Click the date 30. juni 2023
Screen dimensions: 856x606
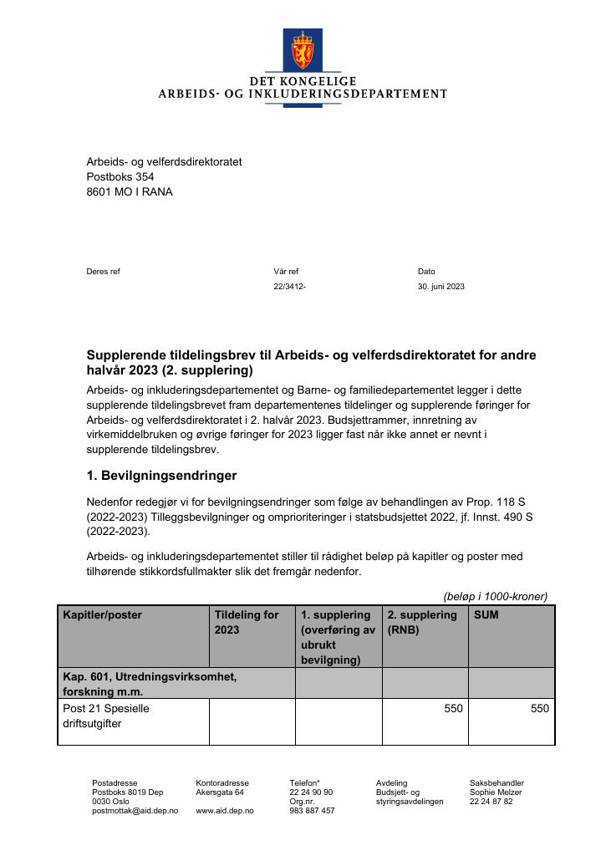pos(440,287)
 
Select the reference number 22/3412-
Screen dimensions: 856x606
pos(289,287)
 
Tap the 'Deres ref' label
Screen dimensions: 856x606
pos(103,272)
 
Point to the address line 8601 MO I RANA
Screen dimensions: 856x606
pos(130,192)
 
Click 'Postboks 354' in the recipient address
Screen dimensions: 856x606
pos(120,177)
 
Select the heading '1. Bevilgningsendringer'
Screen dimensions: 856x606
pos(161,476)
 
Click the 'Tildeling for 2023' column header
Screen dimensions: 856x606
pos(247,623)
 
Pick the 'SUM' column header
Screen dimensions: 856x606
pos(486,615)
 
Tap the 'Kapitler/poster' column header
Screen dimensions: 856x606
pos(102,615)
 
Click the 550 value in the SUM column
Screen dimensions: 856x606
pos(540,709)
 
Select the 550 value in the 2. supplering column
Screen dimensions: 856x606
pos(453,709)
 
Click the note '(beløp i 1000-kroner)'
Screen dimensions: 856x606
pos(495,596)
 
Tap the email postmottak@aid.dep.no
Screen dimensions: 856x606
pos(135,811)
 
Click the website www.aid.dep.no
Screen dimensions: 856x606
pos(225,811)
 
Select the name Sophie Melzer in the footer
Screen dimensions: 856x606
pos(495,792)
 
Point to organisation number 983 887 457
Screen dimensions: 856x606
pos(312,811)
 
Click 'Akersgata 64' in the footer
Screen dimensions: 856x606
pos(220,792)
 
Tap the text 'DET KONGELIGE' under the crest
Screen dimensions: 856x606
pos(303,81)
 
